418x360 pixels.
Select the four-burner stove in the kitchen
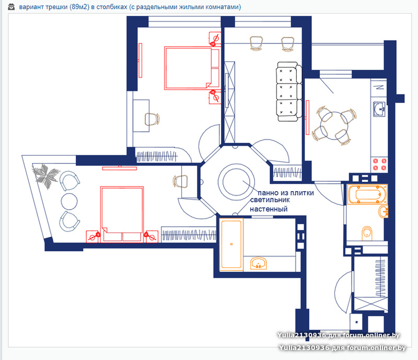click(x=379, y=164)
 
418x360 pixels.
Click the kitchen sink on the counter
click(x=379, y=109)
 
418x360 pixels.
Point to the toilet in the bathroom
click(x=367, y=234)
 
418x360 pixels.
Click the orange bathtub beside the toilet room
click(x=367, y=194)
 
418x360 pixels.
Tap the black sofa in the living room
click(x=289, y=92)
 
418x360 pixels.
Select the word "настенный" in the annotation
click(x=269, y=209)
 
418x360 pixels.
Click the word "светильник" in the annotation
click(x=270, y=200)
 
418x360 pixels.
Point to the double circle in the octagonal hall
click(x=236, y=182)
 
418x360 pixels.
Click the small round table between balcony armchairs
click(x=69, y=201)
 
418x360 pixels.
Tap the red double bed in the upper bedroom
click(x=192, y=68)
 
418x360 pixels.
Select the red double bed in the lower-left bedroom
click(x=122, y=214)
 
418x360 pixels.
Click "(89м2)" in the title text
click(x=79, y=7)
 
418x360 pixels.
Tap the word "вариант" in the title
click(x=31, y=7)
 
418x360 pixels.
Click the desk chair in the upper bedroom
click(x=152, y=119)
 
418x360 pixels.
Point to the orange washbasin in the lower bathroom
click(x=258, y=263)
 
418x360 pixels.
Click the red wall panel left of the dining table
click(x=307, y=118)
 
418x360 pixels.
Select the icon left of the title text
click(x=11, y=7)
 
